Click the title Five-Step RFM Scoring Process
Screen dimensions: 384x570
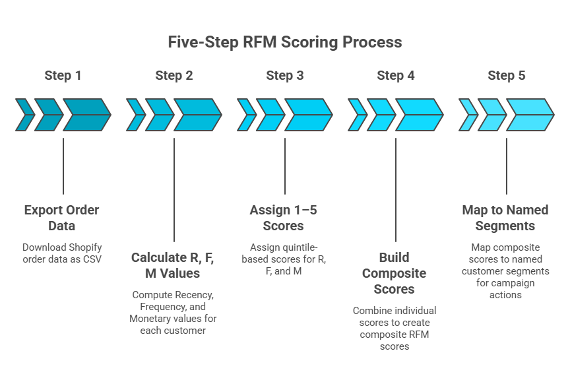(284, 42)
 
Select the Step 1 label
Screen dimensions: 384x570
(63, 75)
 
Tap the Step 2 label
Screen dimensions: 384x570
(174, 75)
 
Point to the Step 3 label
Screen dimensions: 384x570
(285, 75)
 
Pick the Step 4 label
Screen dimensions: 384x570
(396, 75)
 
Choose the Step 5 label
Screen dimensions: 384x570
(507, 75)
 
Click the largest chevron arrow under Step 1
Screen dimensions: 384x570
(86, 115)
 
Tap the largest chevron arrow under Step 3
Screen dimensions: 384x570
(308, 115)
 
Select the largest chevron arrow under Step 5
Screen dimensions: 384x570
(530, 115)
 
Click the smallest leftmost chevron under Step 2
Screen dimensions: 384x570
(135, 115)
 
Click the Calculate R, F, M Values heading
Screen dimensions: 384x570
(174, 265)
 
